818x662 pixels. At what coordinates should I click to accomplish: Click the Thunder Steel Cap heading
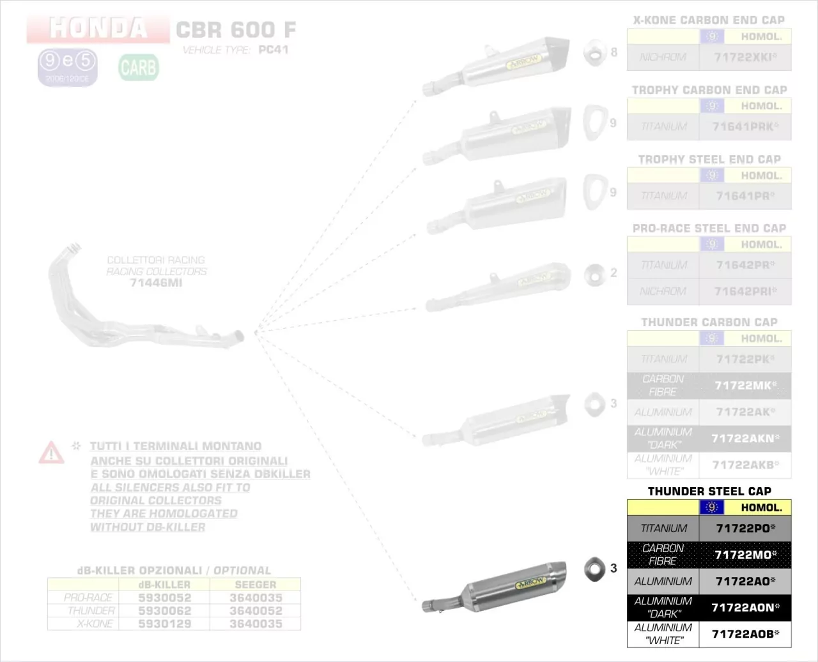[x=709, y=491]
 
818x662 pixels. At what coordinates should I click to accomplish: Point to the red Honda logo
[x=98, y=28]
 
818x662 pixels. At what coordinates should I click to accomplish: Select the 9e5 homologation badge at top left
[x=67, y=66]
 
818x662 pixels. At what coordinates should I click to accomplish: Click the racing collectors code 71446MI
[x=156, y=283]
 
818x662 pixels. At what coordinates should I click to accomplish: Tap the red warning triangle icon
[x=51, y=453]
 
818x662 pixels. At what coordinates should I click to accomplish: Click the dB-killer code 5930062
[x=164, y=611]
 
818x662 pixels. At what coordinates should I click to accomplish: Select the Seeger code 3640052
[x=256, y=611]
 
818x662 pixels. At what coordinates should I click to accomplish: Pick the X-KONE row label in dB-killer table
[x=95, y=624]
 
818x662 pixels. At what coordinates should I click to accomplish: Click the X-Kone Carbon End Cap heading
[x=709, y=20]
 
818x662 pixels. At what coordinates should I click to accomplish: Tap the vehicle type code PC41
[x=274, y=50]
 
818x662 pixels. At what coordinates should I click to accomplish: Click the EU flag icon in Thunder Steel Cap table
[x=712, y=508]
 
